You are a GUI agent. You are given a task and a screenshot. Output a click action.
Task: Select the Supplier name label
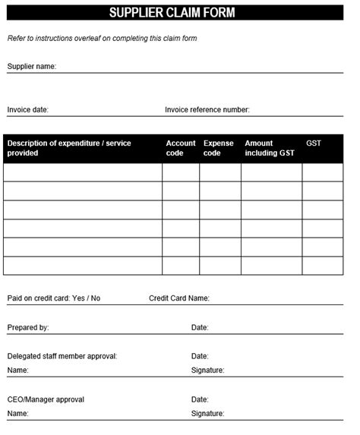(31, 67)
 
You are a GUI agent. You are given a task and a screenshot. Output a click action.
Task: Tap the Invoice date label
(27, 110)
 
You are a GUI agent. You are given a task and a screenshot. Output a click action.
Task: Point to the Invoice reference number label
(207, 110)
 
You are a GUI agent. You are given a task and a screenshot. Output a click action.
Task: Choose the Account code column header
(181, 148)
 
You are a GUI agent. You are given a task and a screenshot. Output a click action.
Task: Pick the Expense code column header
(219, 148)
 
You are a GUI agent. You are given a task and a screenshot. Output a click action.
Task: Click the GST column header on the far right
(314, 143)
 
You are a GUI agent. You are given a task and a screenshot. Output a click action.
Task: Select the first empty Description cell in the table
(83, 172)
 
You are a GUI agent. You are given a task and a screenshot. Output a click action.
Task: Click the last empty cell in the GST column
(323, 266)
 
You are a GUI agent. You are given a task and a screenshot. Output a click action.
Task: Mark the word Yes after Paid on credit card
(77, 298)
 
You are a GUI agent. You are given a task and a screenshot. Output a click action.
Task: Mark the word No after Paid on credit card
(95, 298)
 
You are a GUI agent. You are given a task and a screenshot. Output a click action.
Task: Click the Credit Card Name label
(178, 298)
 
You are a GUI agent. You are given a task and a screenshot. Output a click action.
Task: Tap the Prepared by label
(28, 328)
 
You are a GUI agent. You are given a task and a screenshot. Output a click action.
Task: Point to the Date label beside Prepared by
(200, 328)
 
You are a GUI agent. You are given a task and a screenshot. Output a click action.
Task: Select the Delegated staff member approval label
(62, 356)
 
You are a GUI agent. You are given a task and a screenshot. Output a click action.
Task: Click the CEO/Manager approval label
(46, 399)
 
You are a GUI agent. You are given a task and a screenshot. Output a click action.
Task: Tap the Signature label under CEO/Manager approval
(207, 414)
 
